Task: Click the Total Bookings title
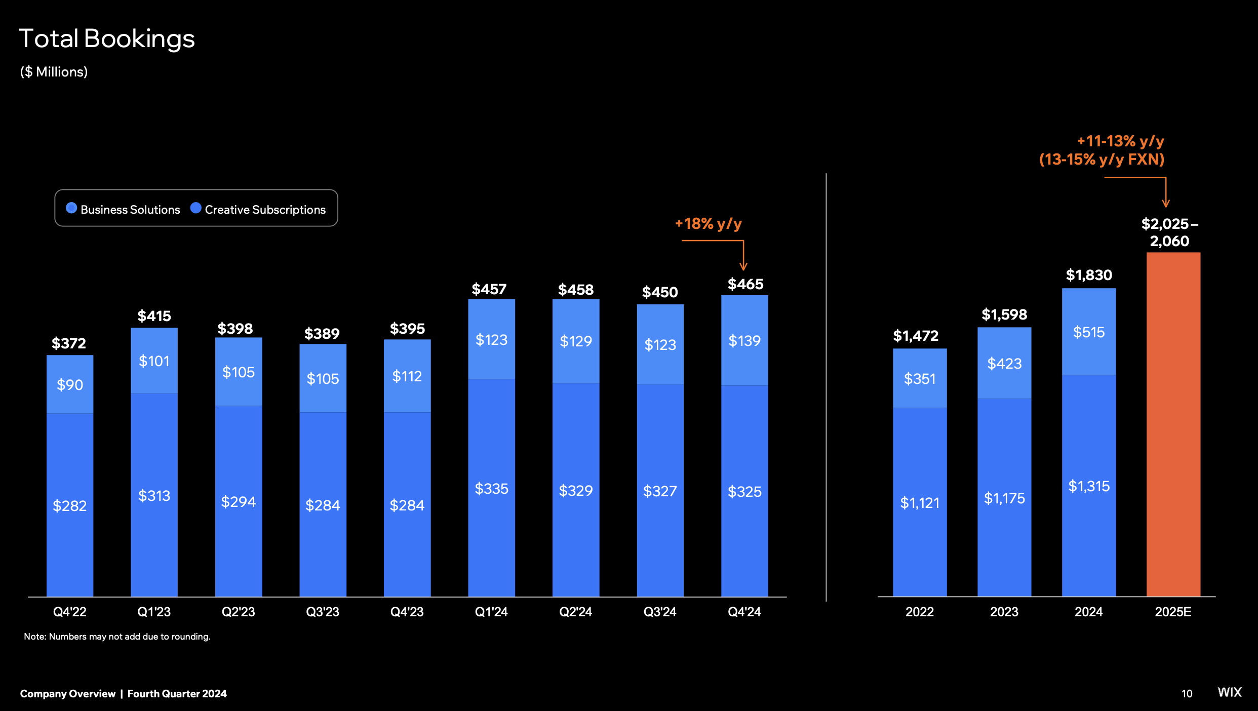point(106,38)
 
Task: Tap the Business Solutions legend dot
point(71,208)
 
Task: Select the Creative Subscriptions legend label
point(265,210)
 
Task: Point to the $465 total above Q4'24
point(745,284)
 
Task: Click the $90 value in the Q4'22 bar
point(70,385)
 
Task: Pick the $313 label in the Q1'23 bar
point(154,495)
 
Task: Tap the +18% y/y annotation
point(708,223)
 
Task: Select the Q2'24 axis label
point(575,612)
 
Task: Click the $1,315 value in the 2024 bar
point(1089,486)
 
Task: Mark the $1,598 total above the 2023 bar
point(1004,314)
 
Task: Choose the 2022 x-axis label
point(919,612)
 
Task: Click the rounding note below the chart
point(117,637)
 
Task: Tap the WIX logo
point(1229,692)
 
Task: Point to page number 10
point(1187,694)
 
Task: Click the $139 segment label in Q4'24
point(744,341)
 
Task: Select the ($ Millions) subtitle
point(54,72)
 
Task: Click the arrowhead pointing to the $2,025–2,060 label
point(1166,203)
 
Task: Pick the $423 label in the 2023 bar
point(1004,364)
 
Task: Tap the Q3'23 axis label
point(323,612)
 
